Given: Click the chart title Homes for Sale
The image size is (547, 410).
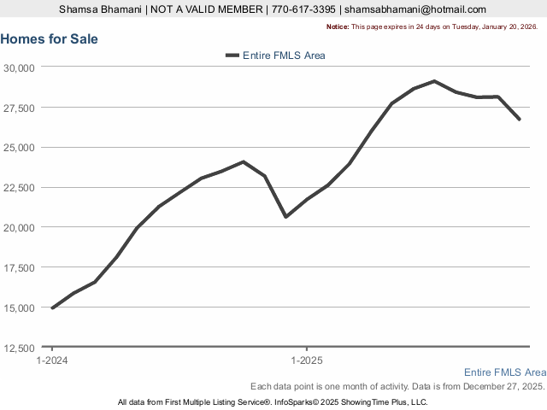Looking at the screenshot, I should (50, 39).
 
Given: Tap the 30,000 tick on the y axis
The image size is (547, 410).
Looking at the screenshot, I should (18, 67).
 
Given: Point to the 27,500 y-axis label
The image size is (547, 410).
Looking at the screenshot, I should (18, 108).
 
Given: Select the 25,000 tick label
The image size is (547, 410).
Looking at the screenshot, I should (18, 148).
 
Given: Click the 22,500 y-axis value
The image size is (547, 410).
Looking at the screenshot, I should (18, 188).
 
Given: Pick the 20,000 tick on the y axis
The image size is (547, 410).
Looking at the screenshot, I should (18, 227).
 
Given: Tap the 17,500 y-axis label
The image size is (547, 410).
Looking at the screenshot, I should (18, 267).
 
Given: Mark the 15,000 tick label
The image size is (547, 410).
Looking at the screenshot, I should (18, 307).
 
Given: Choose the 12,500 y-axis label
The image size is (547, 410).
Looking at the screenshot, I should (18, 348).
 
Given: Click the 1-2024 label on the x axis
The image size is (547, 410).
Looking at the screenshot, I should (52, 360).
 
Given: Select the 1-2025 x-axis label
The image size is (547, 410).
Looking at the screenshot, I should (306, 360).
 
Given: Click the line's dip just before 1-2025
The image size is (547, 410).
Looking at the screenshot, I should (285, 216).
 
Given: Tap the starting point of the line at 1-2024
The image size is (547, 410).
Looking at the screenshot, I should (52, 307).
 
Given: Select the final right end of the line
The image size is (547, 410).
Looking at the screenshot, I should (519, 119).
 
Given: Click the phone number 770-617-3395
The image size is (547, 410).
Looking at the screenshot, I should (303, 9).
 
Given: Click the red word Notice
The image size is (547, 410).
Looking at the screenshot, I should (338, 26).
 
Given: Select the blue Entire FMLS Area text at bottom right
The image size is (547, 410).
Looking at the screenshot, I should (504, 372).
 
